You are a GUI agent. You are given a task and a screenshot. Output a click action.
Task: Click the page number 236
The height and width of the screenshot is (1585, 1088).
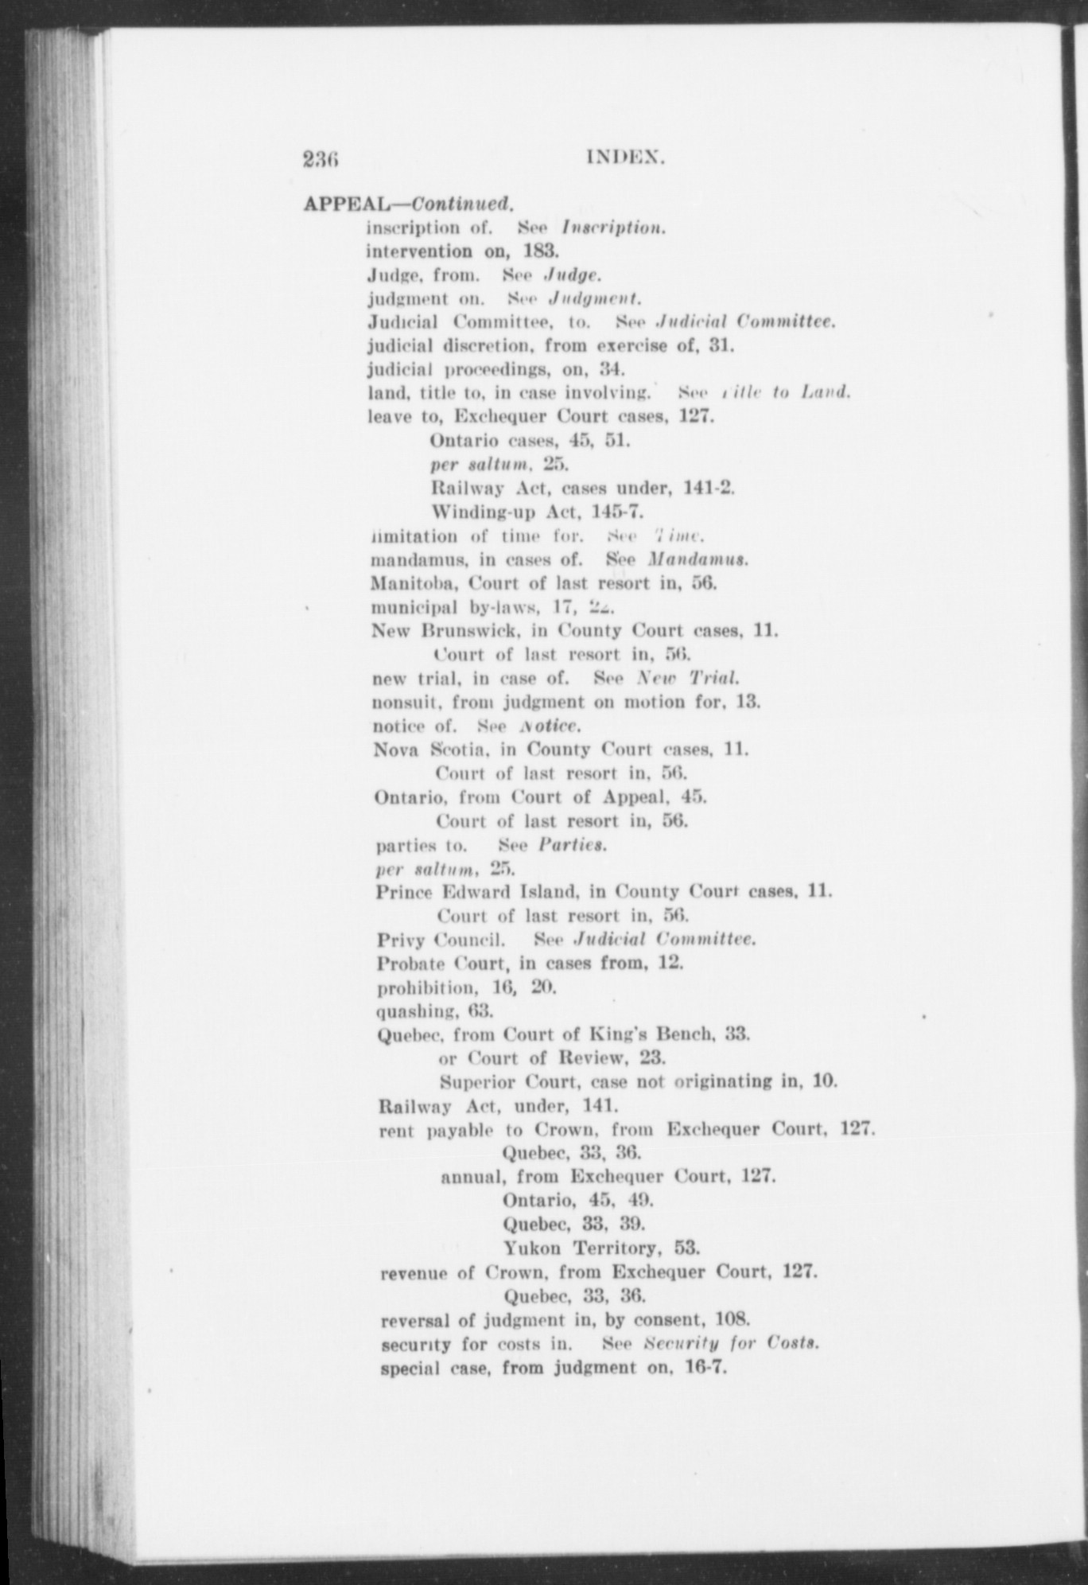321,159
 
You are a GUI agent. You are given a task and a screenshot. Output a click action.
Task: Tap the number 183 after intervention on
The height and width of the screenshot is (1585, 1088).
542,251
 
